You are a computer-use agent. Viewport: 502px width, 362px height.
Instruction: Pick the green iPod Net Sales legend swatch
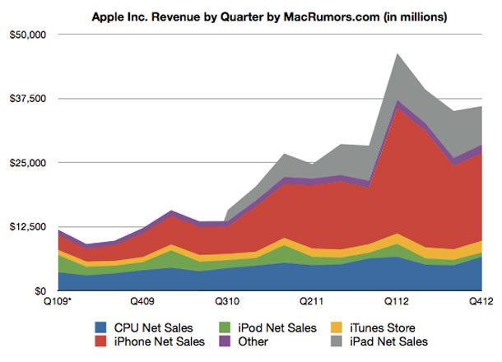(x=235, y=327)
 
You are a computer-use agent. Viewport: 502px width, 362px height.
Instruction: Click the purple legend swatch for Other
(x=235, y=341)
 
